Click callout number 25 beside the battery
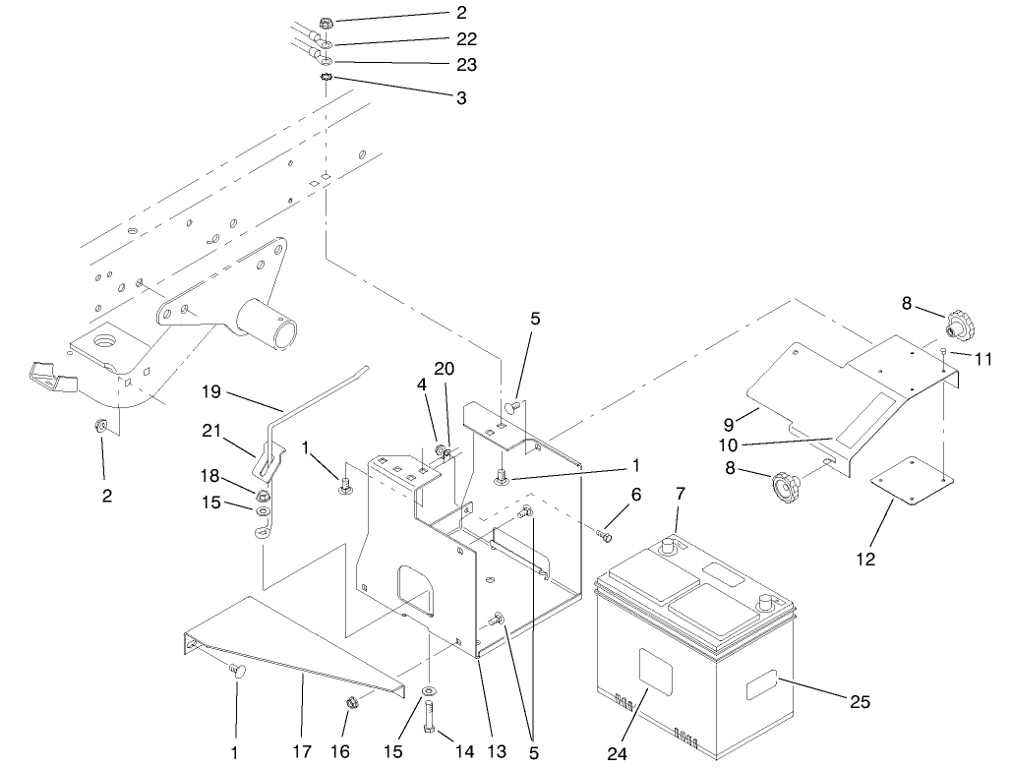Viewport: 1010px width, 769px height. pyautogui.click(x=859, y=702)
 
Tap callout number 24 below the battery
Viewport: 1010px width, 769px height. pyautogui.click(x=616, y=754)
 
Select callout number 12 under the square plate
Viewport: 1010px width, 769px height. pyautogui.click(x=865, y=561)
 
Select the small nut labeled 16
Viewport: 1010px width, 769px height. pyautogui.click(x=353, y=703)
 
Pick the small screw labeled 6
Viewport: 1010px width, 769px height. pyautogui.click(x=604, y=536)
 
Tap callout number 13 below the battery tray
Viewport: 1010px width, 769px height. pyautogui.click(x=497, y=752)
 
